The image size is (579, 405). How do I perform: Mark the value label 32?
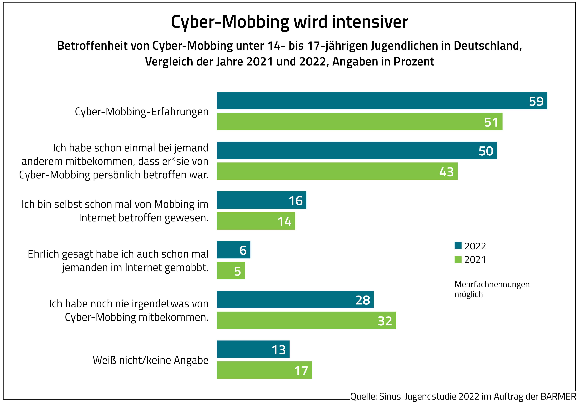(385, 321)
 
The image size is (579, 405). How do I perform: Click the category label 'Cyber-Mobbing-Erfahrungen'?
(142, 112)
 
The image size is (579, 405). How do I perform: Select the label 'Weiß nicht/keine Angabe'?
(150, 360)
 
